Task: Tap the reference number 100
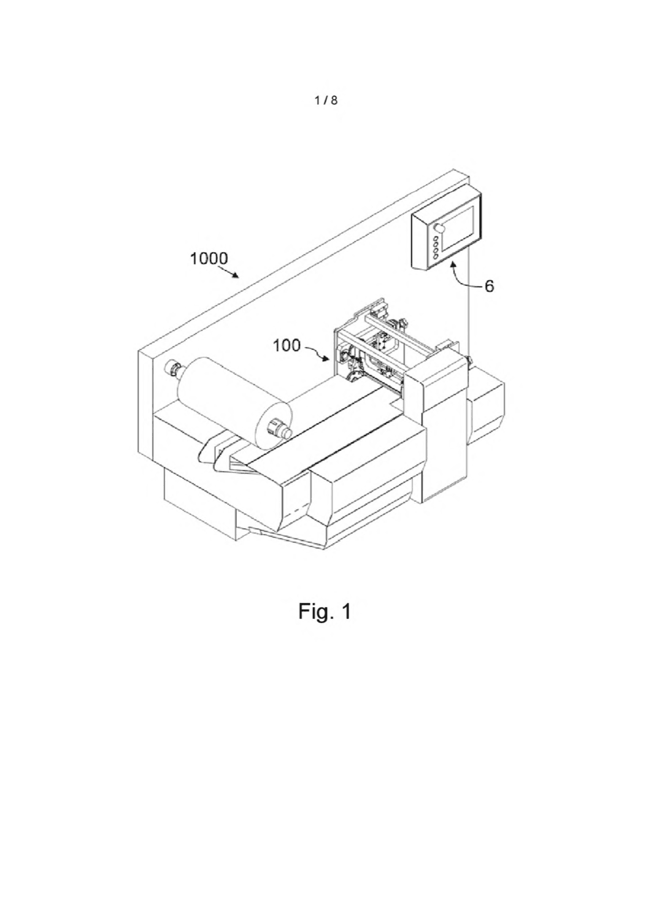[x=287, y=345]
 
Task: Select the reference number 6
[x=489, y=286]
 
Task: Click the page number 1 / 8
[x=326, y=100]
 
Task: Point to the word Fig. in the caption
[x=314, y=623]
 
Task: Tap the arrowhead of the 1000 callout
[x=236, y=275]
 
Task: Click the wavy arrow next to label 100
[x=317, y=352]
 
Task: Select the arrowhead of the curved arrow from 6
[x=453, y=267]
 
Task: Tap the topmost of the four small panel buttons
[x=436, y=239]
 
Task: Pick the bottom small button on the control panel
[x=436, y=257]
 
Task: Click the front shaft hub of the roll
[x=278, y=429]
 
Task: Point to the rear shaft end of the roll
[x=172, y=366]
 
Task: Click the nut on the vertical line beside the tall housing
[x=469, y=360]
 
